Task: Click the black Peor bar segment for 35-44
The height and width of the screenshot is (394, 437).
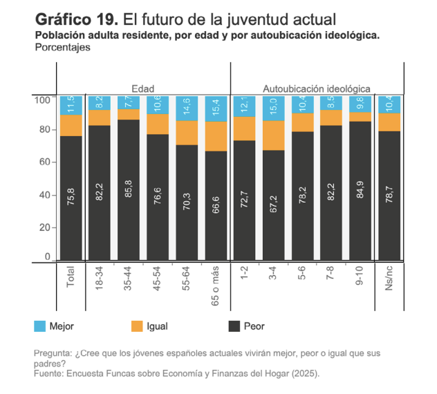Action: tap(129, 190)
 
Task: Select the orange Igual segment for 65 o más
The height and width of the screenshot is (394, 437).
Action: tap(216, 136)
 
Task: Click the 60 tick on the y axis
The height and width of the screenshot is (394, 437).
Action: tap(43, 162)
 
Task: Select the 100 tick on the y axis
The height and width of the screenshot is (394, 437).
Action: tap(41, 100)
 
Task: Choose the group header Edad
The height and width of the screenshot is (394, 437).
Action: tap(143, 88)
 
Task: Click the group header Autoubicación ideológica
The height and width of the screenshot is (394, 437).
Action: tap(316, 88)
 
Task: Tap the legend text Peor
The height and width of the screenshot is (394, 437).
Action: tap(254, 326)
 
